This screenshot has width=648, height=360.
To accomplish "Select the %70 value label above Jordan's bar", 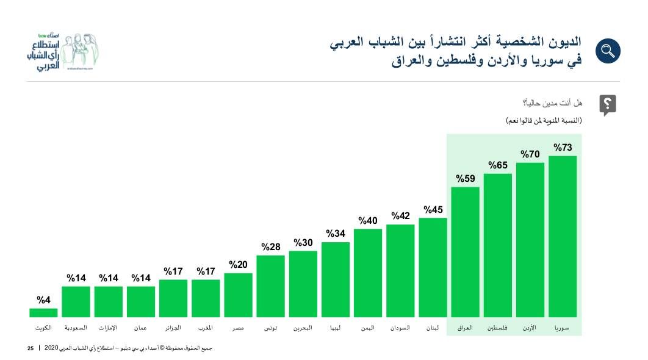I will point(530,154).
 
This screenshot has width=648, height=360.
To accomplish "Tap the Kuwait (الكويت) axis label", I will point(43,328).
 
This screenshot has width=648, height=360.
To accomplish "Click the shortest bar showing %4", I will point(43,312).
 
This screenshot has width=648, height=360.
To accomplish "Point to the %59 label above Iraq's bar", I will point(466,179).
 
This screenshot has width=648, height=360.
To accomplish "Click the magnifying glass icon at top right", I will point(607,51).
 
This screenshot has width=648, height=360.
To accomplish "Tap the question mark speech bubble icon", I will point(607,105).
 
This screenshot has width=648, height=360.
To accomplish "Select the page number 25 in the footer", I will point(30,348).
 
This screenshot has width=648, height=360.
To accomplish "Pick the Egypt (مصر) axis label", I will point(238,328).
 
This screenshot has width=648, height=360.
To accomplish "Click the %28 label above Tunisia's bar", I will point(270,247).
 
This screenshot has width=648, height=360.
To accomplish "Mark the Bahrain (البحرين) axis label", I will point(303,328).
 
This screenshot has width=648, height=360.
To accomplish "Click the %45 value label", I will point(433,210).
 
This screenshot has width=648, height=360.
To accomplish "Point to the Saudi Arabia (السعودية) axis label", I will point(76,328).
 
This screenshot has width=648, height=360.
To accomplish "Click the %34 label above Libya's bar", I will point(336,234).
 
